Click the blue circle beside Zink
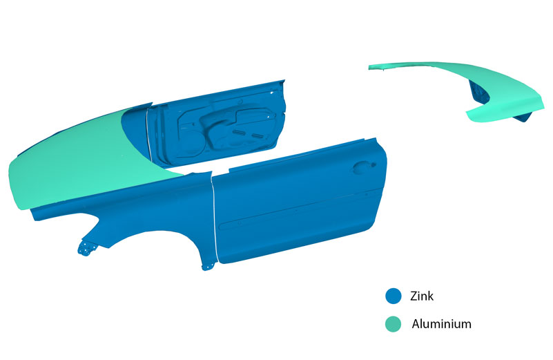click(x=394, y=296)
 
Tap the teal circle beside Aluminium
click(x=394, y=323)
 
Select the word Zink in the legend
click(x=421, y=296)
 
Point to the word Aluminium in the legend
click(x=442, y=323)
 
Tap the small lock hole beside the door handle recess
click(x=373, y=164)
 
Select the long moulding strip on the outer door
click(x=299, y=210)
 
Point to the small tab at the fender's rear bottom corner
click(x=208, y=266)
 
